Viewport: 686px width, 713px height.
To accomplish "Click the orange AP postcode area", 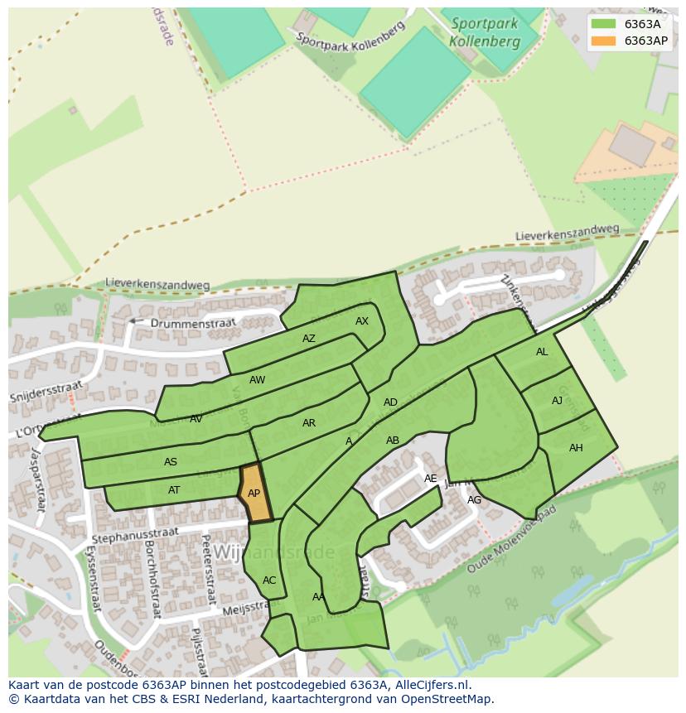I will coord(254,494).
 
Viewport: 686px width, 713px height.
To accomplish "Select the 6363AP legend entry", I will coord(630,40).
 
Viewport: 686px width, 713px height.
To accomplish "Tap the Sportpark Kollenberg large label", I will coord(485,33).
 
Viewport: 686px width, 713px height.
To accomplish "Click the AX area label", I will coord(362,321).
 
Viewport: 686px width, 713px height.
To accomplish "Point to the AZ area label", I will coord(309,339).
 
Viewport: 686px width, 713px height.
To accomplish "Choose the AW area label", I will coord(258,380).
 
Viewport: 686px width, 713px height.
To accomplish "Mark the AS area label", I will coord(171,462).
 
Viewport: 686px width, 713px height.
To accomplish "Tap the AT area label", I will coord(174,490).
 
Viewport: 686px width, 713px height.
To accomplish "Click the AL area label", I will coord(542,352).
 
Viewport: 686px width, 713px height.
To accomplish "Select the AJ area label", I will coord(558,401).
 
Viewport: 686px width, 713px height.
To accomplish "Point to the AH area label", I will coord(576,448).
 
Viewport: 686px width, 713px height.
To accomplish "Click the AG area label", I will coord(474,500).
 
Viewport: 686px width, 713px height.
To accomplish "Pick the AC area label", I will coord(269,581).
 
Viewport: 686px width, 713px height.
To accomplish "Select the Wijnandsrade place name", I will coord(274,552).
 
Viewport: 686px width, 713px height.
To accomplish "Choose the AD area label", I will coord(390,402).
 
